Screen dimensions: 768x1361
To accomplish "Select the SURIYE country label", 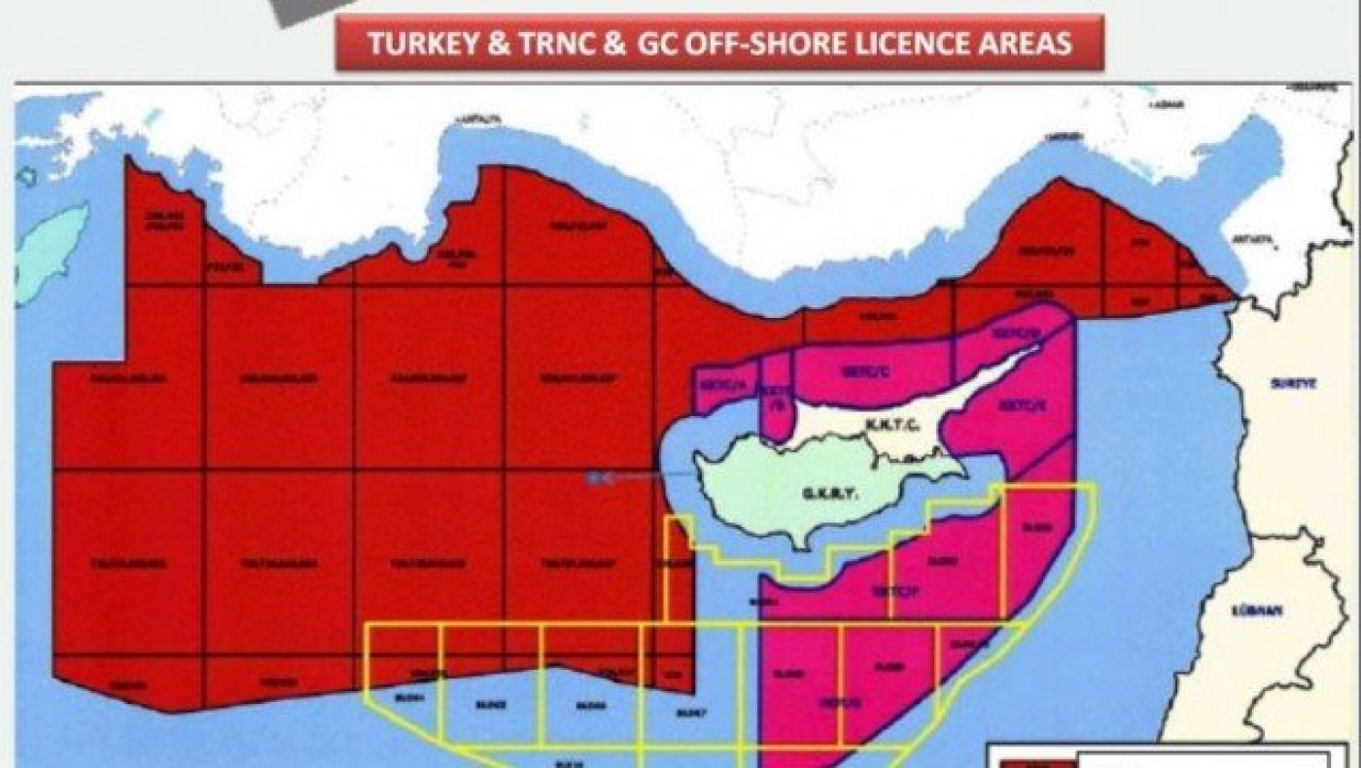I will click(1293, 384).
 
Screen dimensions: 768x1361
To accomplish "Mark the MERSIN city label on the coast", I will click(1055, 138).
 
